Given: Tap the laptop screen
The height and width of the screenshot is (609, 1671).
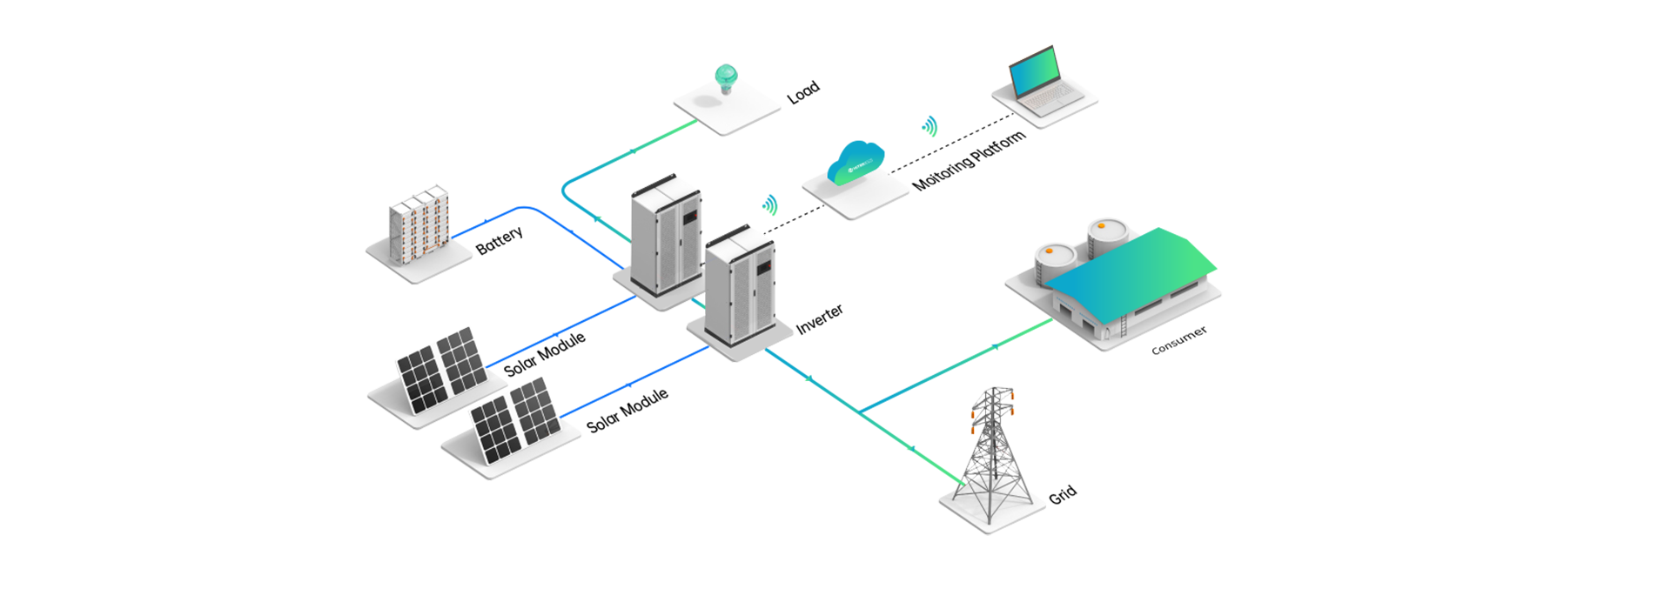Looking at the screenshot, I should [x=1036, y=71].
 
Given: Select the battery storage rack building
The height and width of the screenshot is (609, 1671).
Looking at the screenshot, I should [x=419, y=226].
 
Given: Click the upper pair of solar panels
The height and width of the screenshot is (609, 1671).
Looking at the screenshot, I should [x=442, y=369].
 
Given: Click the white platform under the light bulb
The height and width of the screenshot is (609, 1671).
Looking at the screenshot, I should [x=731, y=113].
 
